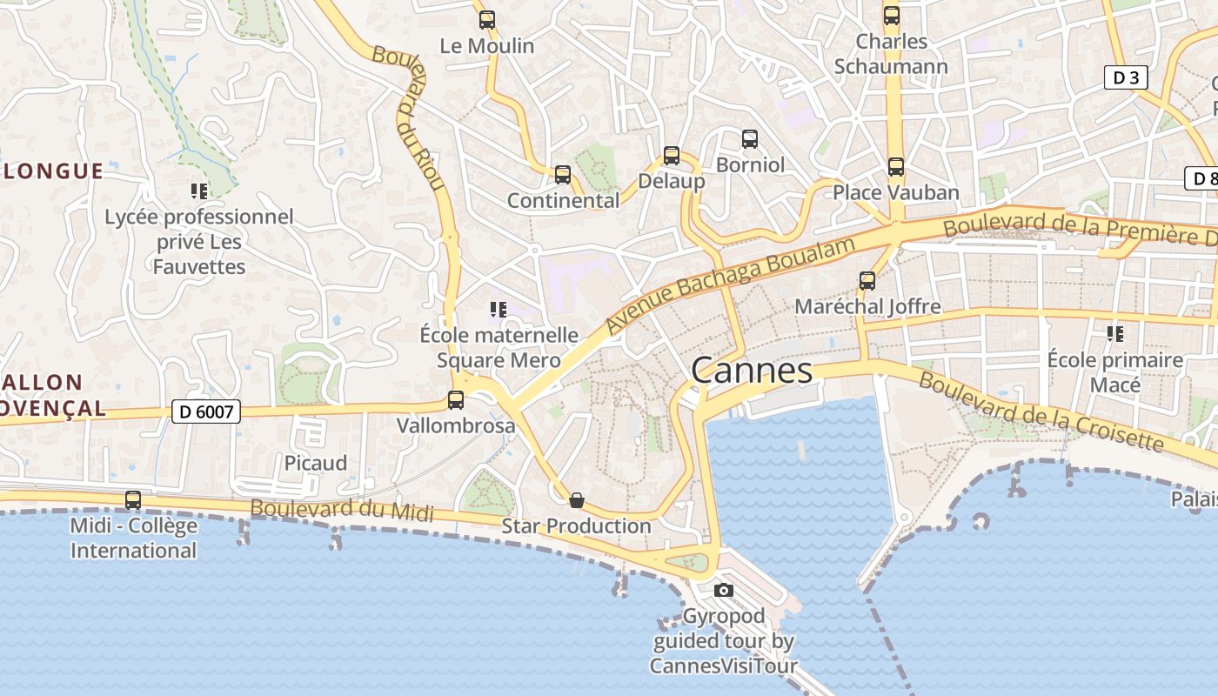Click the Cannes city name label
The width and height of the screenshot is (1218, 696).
(752, 371)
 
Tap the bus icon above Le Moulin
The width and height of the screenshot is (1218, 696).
(487, 19)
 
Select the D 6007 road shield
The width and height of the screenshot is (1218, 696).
(205, 411)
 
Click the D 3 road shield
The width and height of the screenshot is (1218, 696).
(1126, 77)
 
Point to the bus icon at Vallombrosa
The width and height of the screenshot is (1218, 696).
(456, 400)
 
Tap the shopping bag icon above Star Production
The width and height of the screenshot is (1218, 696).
(576, 500)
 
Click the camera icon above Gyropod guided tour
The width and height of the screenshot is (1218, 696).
(723, 591)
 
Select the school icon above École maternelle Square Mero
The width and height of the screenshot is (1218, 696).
(499, 310)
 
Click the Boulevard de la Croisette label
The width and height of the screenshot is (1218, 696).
(1041, 412)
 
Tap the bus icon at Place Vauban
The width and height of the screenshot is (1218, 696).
(896, 166)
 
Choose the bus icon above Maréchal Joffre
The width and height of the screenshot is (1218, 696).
(867, 281)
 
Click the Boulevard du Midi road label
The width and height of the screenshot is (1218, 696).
(341, 510)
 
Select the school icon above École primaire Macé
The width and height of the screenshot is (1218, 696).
(1115, 333)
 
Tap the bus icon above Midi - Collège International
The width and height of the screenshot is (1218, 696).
(133, 500)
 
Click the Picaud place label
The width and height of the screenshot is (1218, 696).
(316, 463)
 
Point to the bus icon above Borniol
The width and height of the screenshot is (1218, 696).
(750, 138)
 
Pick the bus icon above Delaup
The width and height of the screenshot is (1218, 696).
(672, 156)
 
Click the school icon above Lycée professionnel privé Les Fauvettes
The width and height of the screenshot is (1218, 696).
(199, 191)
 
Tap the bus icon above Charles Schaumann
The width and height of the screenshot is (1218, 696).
(892, 15)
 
